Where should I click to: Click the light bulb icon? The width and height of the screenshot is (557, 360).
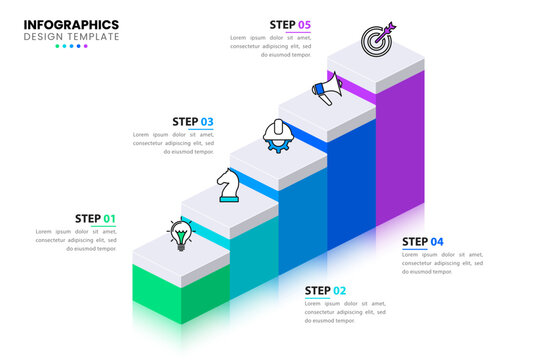coord(180,235)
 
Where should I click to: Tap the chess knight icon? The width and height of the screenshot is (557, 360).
coord(229,184)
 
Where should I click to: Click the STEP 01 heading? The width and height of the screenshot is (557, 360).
coord(95,219)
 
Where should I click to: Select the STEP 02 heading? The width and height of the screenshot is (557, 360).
coord(325,291)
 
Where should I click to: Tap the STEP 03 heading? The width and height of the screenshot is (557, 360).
coord(193,122)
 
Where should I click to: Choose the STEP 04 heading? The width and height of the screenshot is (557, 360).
coord(423,242)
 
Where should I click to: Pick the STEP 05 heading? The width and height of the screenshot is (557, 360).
coord(290,25)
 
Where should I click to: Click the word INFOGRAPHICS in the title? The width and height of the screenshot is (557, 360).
coord(71,24)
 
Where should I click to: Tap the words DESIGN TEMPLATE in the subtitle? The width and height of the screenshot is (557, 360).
coord(71,37)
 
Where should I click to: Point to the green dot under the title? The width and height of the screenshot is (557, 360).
coord(57,46)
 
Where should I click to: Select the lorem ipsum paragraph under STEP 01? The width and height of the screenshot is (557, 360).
coord(76,240)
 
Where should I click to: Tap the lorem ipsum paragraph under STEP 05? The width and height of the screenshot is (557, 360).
coord(271,46)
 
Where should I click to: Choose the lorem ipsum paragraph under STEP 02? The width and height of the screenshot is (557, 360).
coord(345,312)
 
